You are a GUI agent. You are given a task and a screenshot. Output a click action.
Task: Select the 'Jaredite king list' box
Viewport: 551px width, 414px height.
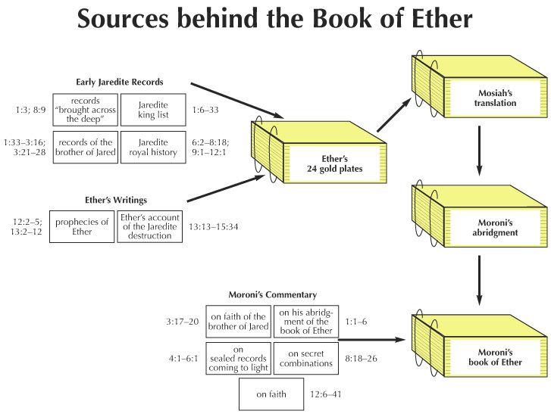point(153,110)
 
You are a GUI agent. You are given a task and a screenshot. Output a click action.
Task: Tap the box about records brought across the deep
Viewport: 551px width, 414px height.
point(86,110)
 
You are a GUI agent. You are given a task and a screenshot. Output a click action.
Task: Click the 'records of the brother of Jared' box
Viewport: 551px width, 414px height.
point(86,148)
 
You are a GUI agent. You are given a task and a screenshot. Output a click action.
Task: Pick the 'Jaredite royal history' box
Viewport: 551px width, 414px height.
point(153,148)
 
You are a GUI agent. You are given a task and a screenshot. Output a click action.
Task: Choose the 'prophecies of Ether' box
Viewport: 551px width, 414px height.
point(82,226)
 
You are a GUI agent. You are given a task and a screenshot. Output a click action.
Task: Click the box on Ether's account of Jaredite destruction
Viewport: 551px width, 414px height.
point(150,226)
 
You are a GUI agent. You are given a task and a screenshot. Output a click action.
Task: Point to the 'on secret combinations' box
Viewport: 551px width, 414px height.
point(306,359)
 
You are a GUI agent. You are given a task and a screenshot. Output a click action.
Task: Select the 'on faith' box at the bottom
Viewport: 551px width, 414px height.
point(271,394)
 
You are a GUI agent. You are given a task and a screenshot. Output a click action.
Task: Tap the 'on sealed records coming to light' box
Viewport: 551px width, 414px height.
point(238,359)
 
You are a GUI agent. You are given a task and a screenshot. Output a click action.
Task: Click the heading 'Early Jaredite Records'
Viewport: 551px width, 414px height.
point(120,82)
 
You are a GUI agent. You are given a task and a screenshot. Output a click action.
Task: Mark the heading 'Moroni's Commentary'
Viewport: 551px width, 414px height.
point(273,294)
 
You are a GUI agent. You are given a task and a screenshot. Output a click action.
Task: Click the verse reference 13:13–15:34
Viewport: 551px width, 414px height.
point(213,227)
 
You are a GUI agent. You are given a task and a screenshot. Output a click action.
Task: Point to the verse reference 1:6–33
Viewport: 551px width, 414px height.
point(205,111)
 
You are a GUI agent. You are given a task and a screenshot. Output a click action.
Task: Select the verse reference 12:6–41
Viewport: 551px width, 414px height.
point(326,394)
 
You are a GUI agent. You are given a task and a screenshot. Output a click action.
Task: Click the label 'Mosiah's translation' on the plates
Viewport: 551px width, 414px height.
point(495,98)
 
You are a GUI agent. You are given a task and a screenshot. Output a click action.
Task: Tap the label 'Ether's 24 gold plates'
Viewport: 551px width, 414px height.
point(334,163)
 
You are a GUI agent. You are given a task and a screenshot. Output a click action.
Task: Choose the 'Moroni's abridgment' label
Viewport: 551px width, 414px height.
point(495,228)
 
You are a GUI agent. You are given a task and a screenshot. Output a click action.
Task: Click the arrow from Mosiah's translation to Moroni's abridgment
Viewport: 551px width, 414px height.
point(479,151)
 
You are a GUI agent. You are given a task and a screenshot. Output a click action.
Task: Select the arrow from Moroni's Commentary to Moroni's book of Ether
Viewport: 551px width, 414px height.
point(372,340)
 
